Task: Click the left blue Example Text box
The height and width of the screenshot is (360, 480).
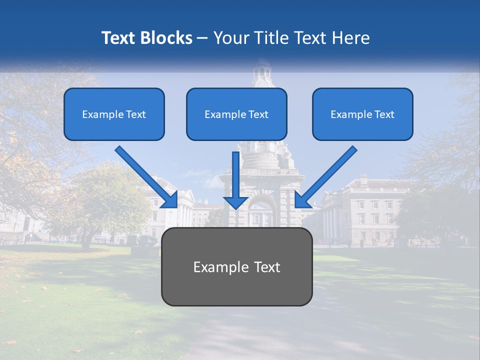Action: [x=114, y=114]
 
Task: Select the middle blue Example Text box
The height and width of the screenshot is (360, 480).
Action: [x=236, y=114]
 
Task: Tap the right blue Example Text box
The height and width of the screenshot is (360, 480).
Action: [x=362, y=114]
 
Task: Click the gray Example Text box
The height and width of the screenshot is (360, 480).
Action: [x=236, y=266]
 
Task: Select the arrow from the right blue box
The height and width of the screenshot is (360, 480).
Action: [x=326, y=176]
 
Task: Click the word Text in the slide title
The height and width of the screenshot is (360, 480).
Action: [x=118, y=38]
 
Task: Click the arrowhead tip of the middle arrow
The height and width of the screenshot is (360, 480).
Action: [x=235, y=207]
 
